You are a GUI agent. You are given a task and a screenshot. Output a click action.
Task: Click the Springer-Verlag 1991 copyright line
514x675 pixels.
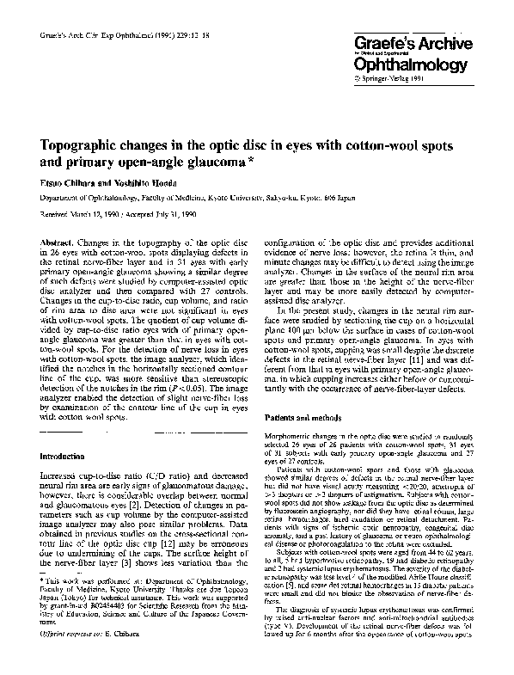(x=393, y=78)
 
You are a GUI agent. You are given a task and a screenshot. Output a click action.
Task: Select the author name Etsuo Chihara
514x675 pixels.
(x=70, y=183)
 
